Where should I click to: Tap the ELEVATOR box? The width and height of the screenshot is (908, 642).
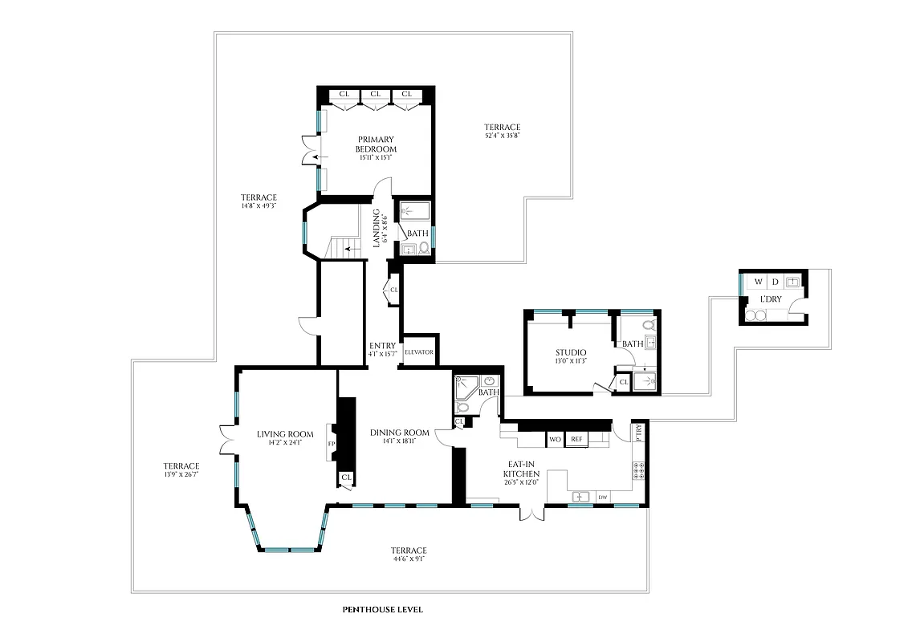pos(419,352)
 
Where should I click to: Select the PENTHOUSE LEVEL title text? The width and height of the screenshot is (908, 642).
pos(382,610)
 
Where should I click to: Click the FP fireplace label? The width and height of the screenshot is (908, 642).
pos(330,442)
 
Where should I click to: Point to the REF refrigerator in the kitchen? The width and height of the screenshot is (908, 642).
pos(576,439)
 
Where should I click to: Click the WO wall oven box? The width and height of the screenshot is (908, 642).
pos(555,439)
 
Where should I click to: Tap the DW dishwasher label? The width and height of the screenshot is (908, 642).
pos(602,498)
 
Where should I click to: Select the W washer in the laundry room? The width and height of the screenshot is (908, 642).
pos(757,282)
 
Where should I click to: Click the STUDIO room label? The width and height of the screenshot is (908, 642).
pos(571,352)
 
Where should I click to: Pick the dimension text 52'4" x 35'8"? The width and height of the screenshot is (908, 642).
pos(503,136)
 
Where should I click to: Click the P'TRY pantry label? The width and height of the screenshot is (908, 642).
pos(640,431)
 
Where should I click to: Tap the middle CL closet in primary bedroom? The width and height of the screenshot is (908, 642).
pos(375,95)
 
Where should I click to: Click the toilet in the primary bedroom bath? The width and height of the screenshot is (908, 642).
pos(424,249)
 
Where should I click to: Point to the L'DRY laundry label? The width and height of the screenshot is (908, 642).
pos(771,299)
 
